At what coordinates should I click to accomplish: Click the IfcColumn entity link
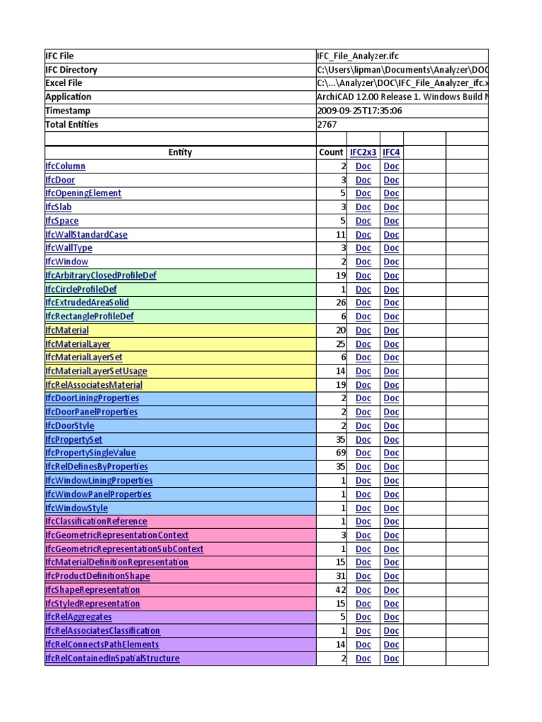pyautogui.click(x=65, y=166)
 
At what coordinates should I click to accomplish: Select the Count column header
pyautogui.click(x=330, y=152)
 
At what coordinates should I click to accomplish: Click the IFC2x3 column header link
pyautogui.click(x=363, y=152)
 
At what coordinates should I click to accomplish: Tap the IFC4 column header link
pyautogui.click(x=391, y=152)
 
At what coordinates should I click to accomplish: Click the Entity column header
pyautogui.click(x=180, y=152)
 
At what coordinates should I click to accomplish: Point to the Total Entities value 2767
pyautogui.click(x=327, y=125)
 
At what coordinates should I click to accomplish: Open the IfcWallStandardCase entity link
pyautogui.click(x=86, y=235)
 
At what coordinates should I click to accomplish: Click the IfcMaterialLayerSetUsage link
pyautogui.click(x=96, y=372)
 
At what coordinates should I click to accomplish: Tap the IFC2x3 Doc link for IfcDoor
pyautogui.click(x=363, y=180)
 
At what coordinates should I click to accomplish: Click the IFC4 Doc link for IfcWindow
pyautogui.click(x=391, y=262)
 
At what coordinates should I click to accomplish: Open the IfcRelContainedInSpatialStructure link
pyautogui.click(x=112, y=659)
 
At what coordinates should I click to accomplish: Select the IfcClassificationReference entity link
pyautogui.click(x=96, y=522)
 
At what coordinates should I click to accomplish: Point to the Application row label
pyautogui.click(x=68, y=97)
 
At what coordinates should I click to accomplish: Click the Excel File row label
pyautogui.click(x=64, y=83)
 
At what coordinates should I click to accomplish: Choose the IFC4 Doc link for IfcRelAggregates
pyautogui.click(x=391, y=618)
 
